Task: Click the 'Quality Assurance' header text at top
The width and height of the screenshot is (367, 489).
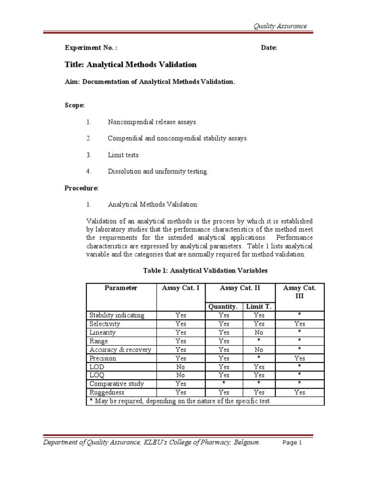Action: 280,26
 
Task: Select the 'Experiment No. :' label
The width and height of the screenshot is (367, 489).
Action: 91,48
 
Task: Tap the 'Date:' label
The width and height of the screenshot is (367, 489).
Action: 269,48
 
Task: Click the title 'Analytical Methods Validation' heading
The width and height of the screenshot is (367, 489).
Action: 130,64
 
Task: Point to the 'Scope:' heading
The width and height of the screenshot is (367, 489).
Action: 75,105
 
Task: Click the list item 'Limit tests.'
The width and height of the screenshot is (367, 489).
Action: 124,155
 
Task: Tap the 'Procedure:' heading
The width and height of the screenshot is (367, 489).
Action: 81,188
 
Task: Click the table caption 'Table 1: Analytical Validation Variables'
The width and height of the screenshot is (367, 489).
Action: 205,271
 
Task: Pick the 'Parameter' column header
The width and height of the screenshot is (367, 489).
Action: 121,288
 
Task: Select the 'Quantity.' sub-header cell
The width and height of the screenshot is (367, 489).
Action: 224,307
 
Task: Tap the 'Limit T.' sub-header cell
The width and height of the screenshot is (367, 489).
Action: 259,307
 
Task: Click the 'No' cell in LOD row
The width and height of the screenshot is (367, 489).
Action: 181,367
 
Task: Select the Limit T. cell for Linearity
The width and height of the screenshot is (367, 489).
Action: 259,332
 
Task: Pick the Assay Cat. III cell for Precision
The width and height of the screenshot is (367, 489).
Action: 300,358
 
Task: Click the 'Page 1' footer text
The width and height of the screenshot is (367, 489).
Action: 292,443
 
